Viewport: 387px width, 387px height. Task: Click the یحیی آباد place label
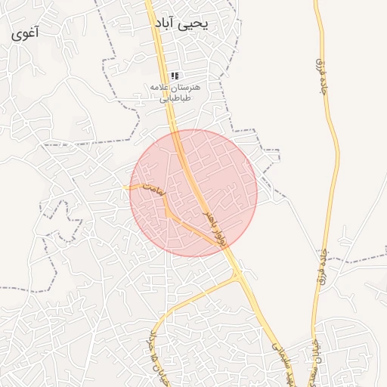point(181,24)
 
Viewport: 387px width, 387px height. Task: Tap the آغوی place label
point(26,34)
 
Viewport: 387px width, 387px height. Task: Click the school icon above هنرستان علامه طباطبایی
point(175,76)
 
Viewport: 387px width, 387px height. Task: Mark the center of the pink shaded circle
point(193,193)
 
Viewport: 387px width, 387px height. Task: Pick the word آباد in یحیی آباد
point(169,24)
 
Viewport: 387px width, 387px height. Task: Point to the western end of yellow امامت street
point(125,187)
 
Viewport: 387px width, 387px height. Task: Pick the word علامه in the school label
point(163,88)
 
